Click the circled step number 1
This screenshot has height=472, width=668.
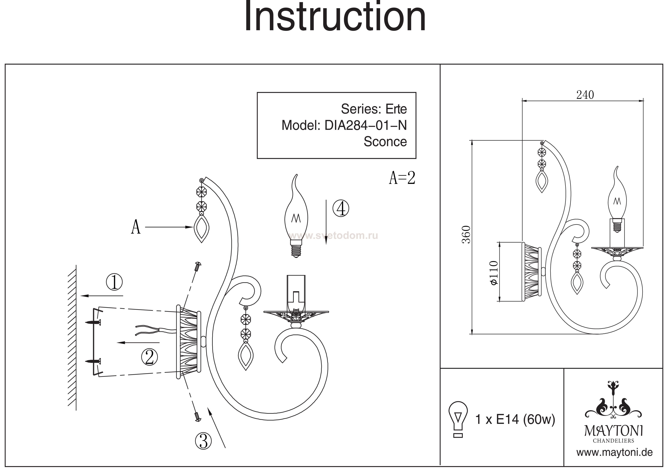click(x=114, y=282)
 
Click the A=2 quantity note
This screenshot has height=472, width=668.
click(x=402, y=178)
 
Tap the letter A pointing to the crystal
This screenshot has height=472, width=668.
click(x=136, y=227)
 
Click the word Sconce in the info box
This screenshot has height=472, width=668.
click(x=385, y=142)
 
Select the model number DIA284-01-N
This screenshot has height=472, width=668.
click(x=365, y=125)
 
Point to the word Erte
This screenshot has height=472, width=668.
click(x=396, y=109)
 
